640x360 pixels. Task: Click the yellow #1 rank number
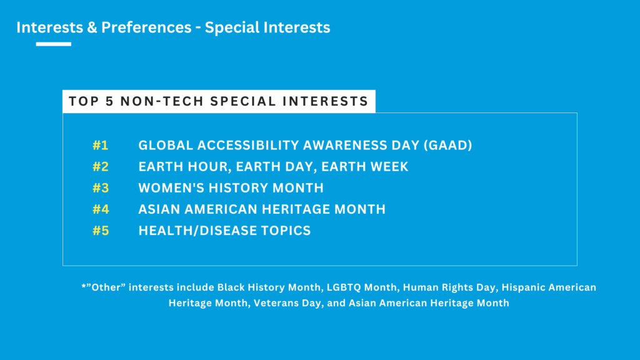(101, 145)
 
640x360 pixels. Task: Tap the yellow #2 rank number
(101, 166)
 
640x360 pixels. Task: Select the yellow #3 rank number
(101, 187)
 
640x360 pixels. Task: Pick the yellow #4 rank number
(101, 209)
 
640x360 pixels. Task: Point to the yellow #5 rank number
(101, 231)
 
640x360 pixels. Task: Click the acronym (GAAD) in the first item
(447, 145)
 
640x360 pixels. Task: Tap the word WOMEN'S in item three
(171, 187)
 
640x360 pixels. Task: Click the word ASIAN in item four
(159, 209)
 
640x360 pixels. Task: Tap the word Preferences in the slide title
(146, 27)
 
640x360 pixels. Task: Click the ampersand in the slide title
(91, 27)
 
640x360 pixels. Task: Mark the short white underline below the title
(54, 44)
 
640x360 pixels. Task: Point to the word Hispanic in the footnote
(523, 287)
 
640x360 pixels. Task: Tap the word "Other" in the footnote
(105, 287)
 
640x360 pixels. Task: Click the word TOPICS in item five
(286, 231)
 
